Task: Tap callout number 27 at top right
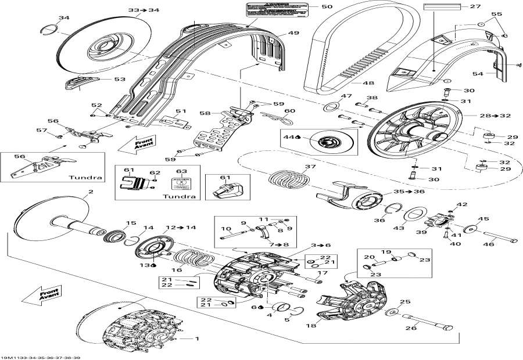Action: click(x=475, y=7)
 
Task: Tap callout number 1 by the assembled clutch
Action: click(x=196, y=339)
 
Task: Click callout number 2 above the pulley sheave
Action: click(x=91, y=192)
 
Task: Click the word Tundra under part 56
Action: click(x=86, y=177)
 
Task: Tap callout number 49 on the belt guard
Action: click(x=294, y=33)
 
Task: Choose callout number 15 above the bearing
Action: click(x=131, y=223)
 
